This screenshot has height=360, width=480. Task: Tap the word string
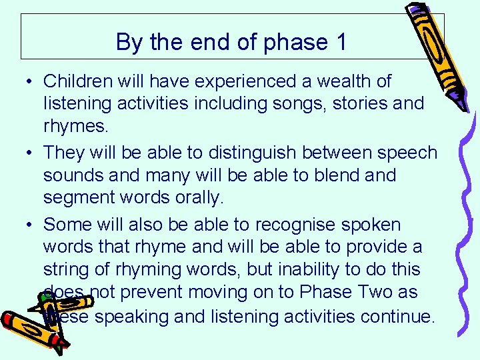tap(68, 270)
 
